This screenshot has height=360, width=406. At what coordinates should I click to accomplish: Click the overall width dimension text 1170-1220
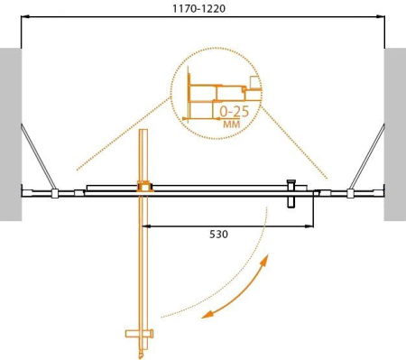(202, 8)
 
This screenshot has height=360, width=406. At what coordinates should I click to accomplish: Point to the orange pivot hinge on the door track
(143, 188)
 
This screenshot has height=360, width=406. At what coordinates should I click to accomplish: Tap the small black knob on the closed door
(291, 185)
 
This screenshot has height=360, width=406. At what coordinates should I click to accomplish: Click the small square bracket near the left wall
(55, 192)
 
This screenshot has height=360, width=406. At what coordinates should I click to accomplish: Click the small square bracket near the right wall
(349, 192)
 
